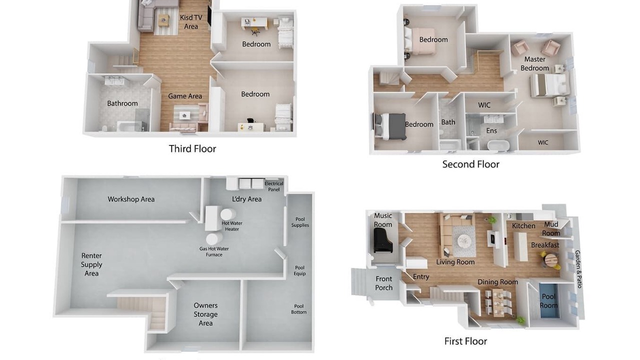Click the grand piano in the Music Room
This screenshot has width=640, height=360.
(383, 240)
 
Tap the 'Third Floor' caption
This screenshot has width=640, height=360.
(192, 149)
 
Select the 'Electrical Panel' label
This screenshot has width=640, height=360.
(273, 186)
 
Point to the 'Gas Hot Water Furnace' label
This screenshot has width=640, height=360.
(214, 251)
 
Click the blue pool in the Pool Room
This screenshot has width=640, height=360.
(548, 301)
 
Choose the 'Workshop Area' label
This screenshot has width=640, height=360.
(131, 199)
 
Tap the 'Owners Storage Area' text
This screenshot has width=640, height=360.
(205, 314)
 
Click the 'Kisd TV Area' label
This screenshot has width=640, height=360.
(191, 22)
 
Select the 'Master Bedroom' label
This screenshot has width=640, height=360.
(534, 63)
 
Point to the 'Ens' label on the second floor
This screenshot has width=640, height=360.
(491, 130)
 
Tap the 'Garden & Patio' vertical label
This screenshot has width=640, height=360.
(578, 269)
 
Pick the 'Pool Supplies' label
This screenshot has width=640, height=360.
(300, 222)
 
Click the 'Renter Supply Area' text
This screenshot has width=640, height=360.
(91, 264)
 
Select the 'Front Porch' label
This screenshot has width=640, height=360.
(383, 283)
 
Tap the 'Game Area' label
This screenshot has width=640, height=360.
(185, 96)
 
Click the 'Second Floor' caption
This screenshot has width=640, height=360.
(470, 164)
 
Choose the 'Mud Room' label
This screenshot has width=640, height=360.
(551, 228)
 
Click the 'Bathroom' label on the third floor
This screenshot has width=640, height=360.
(122, 103)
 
